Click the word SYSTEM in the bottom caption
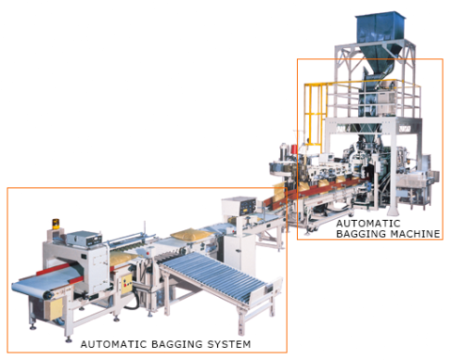228,345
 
